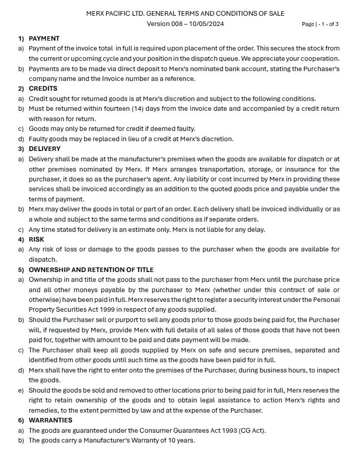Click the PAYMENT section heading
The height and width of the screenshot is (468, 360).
tap(44, 38)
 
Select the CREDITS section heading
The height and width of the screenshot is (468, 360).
tap(43, 89)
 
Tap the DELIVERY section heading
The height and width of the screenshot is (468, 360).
tap(45, 149)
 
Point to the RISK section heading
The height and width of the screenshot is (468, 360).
tap(37, 240)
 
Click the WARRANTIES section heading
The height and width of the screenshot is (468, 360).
tap(50, 420)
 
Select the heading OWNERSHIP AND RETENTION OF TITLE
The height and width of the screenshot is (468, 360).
tap(91, 270)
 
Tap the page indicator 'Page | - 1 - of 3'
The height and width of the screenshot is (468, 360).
tap(320, 24)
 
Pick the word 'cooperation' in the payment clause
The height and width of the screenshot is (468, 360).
tap(318, 59)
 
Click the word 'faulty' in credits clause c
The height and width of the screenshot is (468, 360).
tap(184, 129)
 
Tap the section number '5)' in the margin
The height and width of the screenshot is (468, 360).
tap(21, 270)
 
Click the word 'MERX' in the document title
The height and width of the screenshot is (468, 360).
tap(96, 14)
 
